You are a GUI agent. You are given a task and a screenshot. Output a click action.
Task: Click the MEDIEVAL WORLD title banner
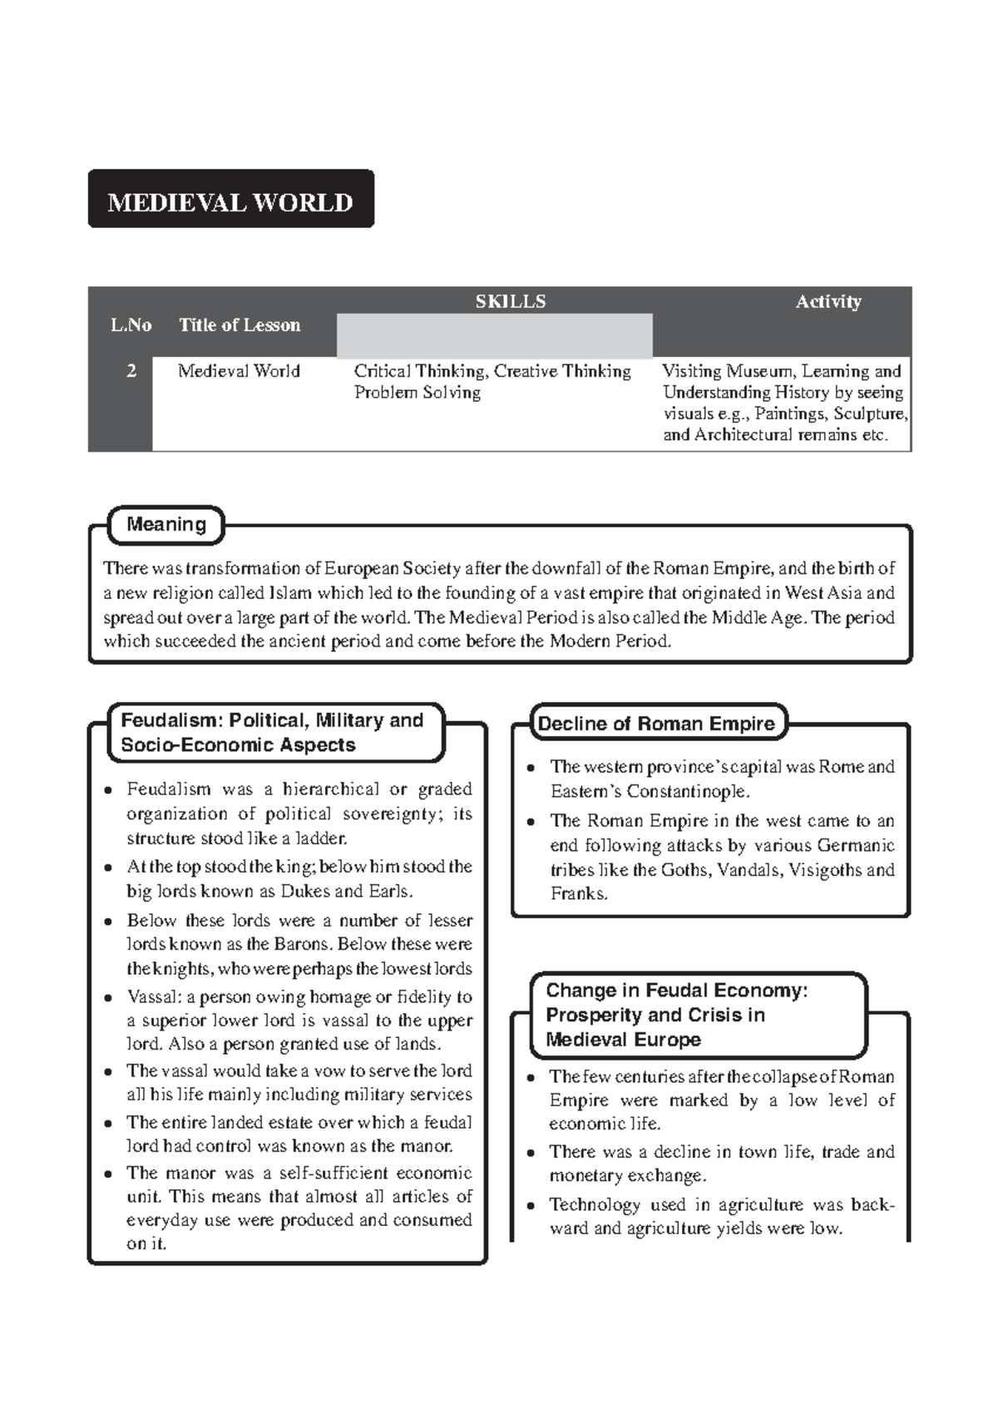[230, 202]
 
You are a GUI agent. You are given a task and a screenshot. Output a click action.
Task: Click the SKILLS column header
[510, 301]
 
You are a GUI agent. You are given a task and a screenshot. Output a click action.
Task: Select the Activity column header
[828, 301]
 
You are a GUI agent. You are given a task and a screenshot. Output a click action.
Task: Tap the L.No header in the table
[131, 325]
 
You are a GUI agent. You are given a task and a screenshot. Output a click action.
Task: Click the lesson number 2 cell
[131, 371]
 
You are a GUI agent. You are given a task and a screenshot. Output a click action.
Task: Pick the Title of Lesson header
[240, 325]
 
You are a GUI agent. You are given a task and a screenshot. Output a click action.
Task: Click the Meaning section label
[166, 524]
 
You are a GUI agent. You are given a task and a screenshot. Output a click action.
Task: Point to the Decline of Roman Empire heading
[656, 724]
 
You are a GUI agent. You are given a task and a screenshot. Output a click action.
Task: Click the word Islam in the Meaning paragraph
[290, 593]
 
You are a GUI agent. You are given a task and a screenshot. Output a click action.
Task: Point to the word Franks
[578, 894]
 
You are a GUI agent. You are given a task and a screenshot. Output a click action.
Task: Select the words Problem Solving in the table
[417, 393]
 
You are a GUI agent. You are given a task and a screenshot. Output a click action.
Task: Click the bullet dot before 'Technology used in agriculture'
[531, 1205]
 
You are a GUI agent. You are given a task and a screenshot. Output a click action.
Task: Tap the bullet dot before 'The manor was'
[108, 1174]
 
